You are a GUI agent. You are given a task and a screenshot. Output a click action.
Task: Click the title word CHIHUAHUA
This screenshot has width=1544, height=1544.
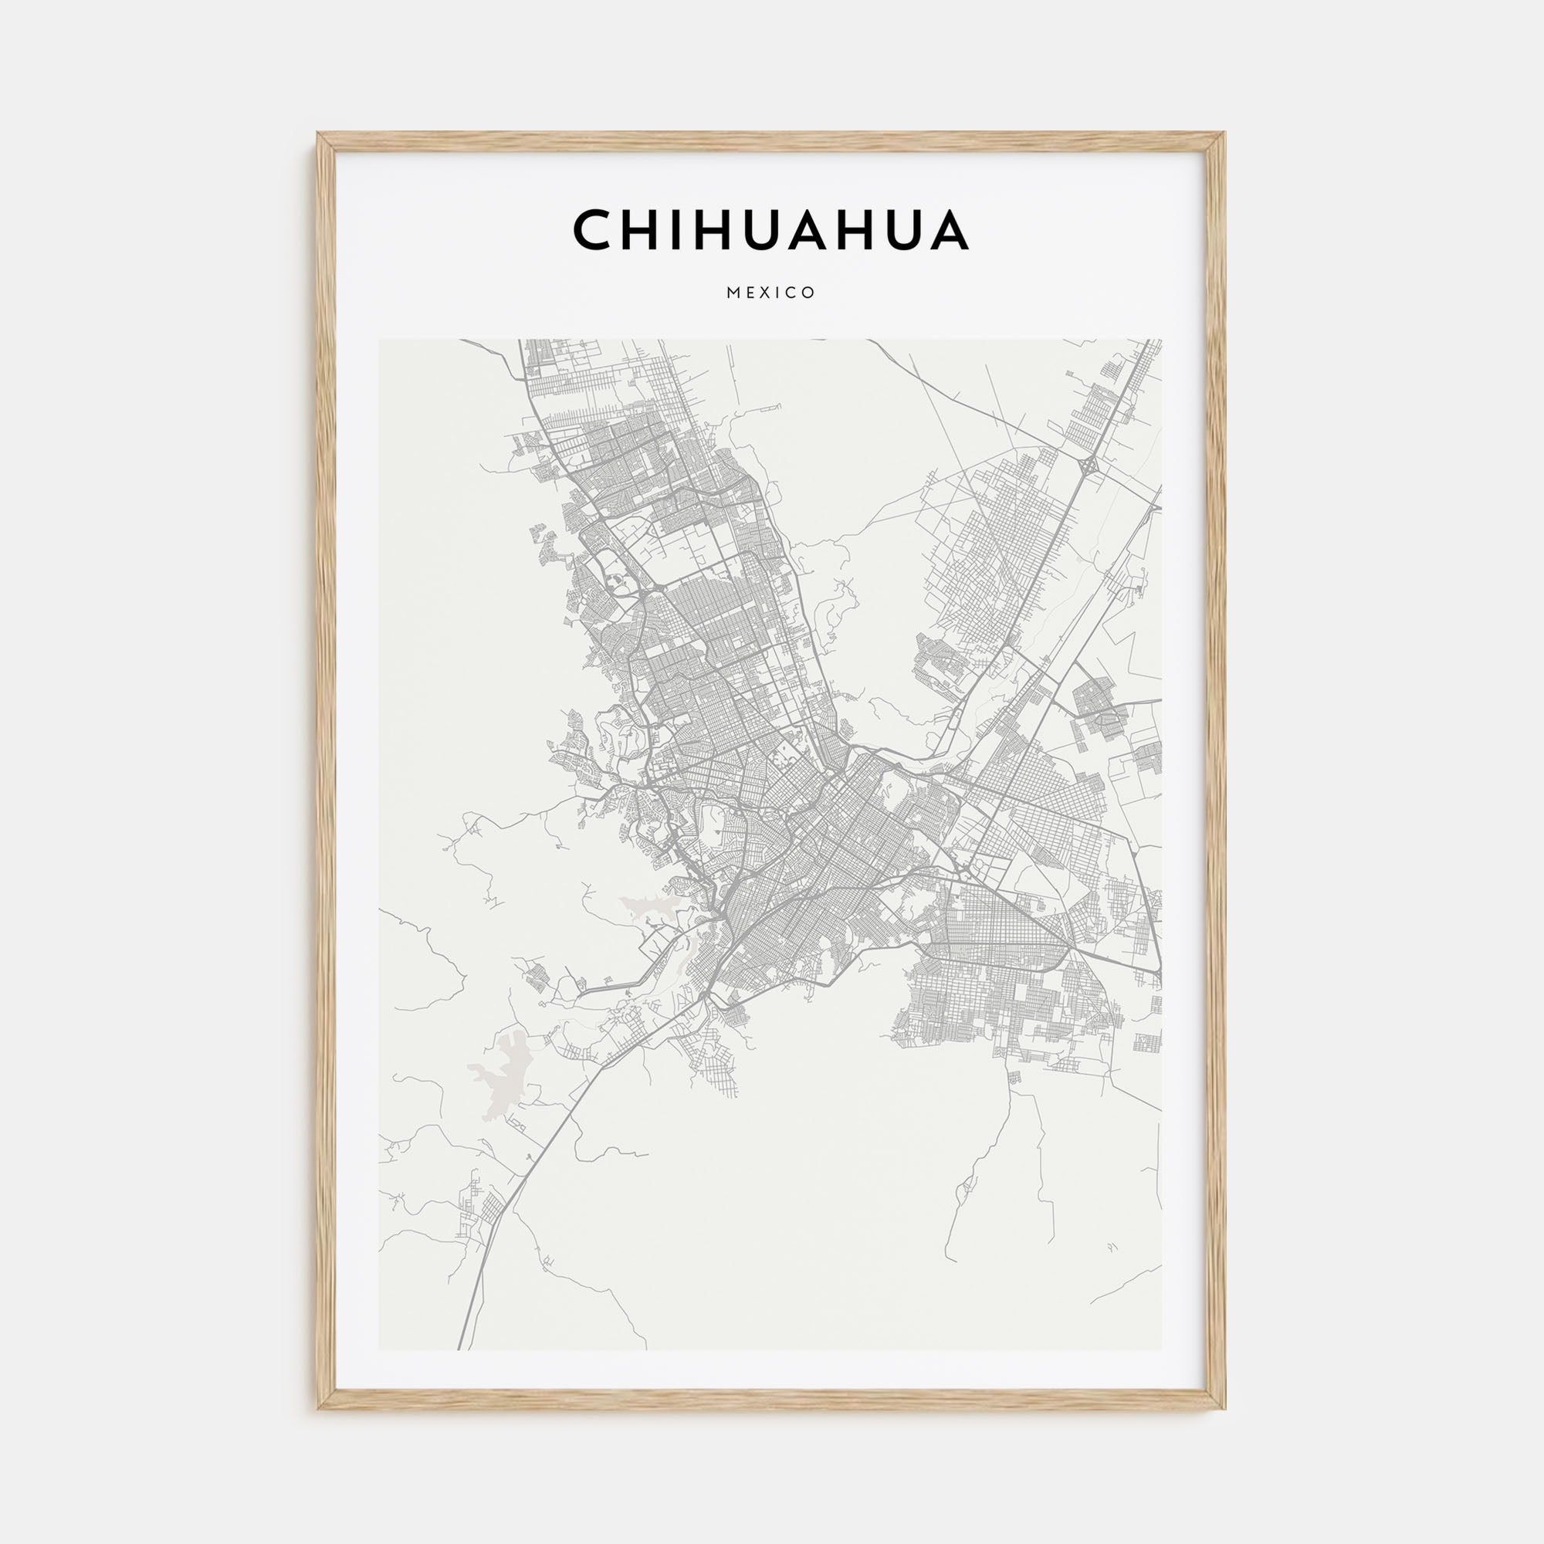pyautogui.click(x=770, y=230)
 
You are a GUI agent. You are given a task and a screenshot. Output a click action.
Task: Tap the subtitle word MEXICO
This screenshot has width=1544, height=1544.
pyautogui.click(x=770, y=293)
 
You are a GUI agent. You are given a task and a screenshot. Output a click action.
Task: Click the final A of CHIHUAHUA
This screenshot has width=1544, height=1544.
pyautogui.click(x=949, y=230)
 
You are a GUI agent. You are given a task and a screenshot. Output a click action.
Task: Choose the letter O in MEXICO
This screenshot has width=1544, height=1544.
pyautogui.click(x=810, y=293)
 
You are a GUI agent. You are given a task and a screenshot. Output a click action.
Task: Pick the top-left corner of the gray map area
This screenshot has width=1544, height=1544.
pyautogui.click(x=380, y=340)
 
